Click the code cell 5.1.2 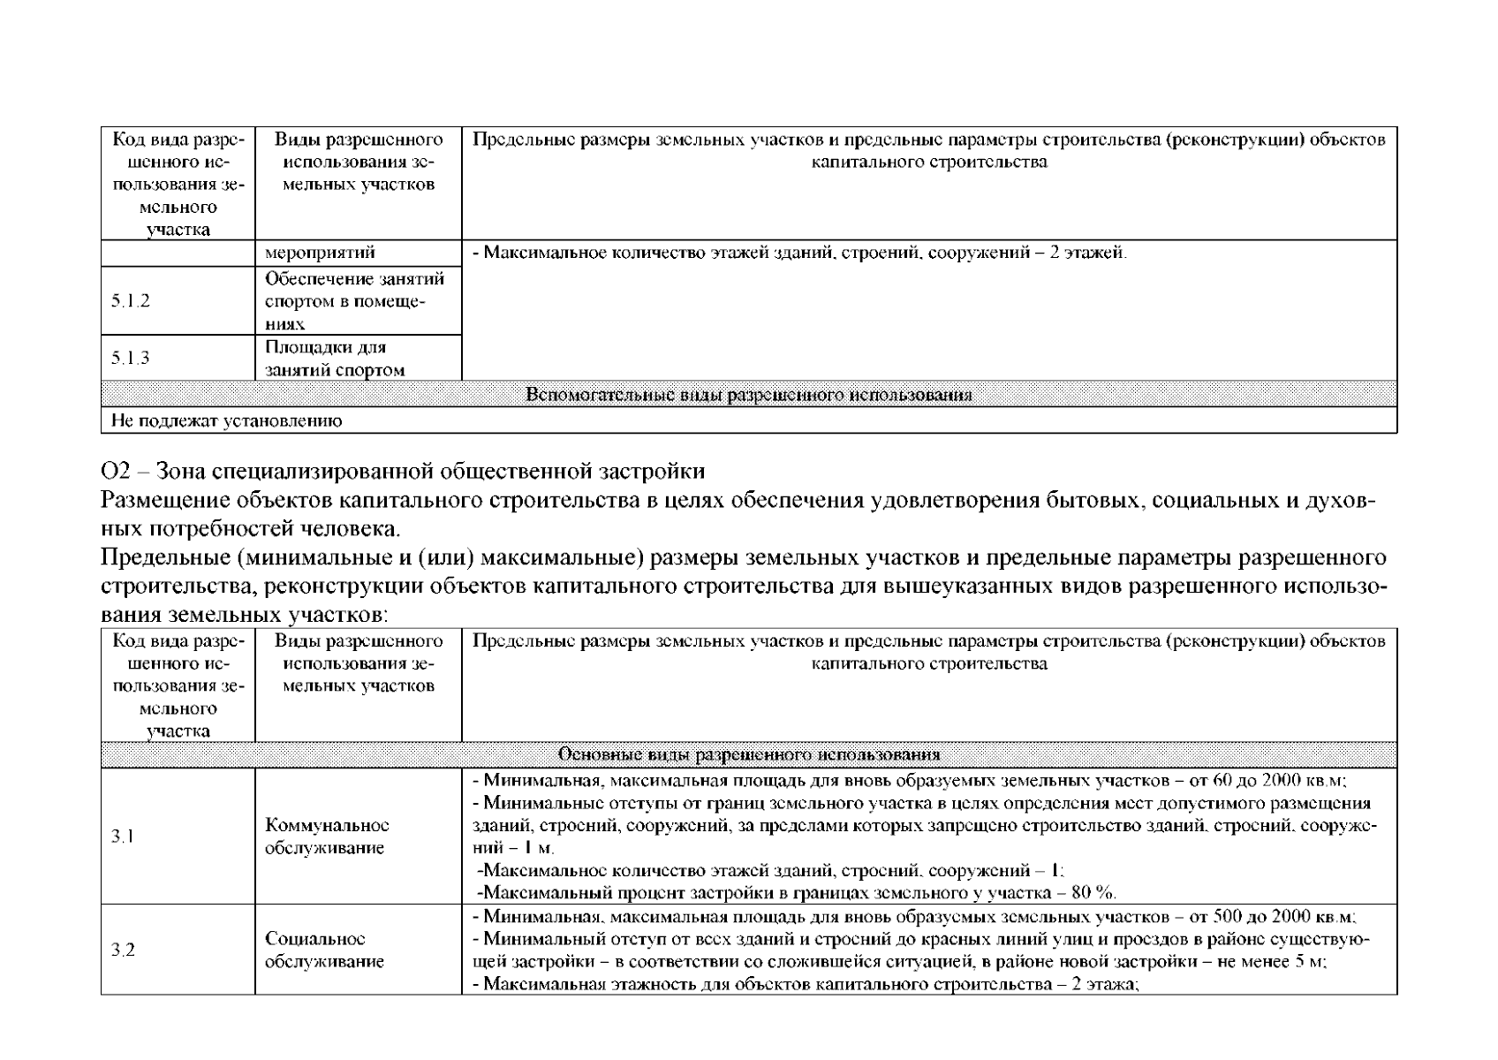click(131, 301)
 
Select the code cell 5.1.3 click(131, 358)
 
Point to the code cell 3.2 click(123, 950)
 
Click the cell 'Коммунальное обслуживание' click(327, 837)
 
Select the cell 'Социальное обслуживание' click(324, 950)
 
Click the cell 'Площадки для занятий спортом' click(335, 359)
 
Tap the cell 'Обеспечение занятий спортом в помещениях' click(354, 301)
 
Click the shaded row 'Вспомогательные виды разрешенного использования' click(748, 395)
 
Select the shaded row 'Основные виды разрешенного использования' click(748, 755)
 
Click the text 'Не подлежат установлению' click(226, 420)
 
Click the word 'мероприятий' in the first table click(320, 253)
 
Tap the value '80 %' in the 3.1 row click(1093, 891)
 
